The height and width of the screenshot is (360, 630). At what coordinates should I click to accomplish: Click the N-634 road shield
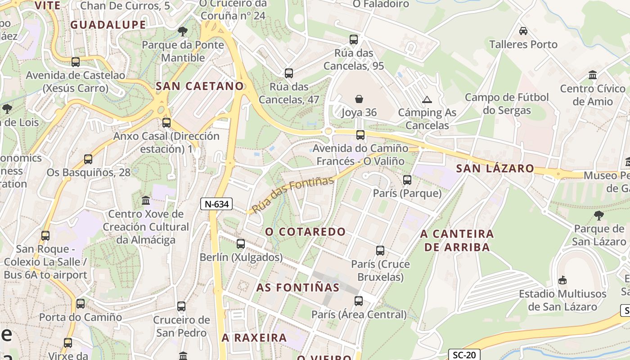pos(216,204)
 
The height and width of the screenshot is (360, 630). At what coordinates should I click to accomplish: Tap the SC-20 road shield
pos(464,355)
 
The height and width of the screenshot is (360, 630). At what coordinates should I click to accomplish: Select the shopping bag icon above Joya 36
pos(359,99)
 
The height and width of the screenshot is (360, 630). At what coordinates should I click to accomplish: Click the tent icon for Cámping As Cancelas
pos(427,99)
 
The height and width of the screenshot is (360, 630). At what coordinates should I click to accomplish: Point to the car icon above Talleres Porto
pos(523,31)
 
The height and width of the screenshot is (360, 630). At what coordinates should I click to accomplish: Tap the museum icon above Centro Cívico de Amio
pos(593,75)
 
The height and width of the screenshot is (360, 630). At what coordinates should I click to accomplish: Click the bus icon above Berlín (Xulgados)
pos(241,244)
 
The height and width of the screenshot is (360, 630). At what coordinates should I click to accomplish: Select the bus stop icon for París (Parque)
pos(407,180)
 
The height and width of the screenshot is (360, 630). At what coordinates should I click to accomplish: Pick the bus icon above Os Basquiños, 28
pos(88,159)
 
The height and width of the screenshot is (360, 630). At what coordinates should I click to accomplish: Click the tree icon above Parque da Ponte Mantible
pos(182,31)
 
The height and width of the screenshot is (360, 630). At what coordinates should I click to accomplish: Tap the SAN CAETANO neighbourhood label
pos(200,86)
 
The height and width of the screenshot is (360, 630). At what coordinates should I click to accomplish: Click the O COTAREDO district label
pos(305,232)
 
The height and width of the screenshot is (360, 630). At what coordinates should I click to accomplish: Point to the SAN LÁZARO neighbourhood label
pos(495,169)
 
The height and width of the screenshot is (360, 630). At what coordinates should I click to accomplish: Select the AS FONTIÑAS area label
pos(298,287)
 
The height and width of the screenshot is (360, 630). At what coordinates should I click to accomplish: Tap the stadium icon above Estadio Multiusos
pos(562,280)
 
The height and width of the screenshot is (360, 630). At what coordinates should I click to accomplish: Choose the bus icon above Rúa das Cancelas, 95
pos(354,40)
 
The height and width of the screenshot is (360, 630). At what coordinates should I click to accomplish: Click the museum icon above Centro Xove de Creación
pos(146,200)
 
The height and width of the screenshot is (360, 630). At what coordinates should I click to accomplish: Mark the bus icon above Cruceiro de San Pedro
pos(181,306)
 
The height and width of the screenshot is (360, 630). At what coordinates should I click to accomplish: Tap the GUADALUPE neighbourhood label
pos(108,25)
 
